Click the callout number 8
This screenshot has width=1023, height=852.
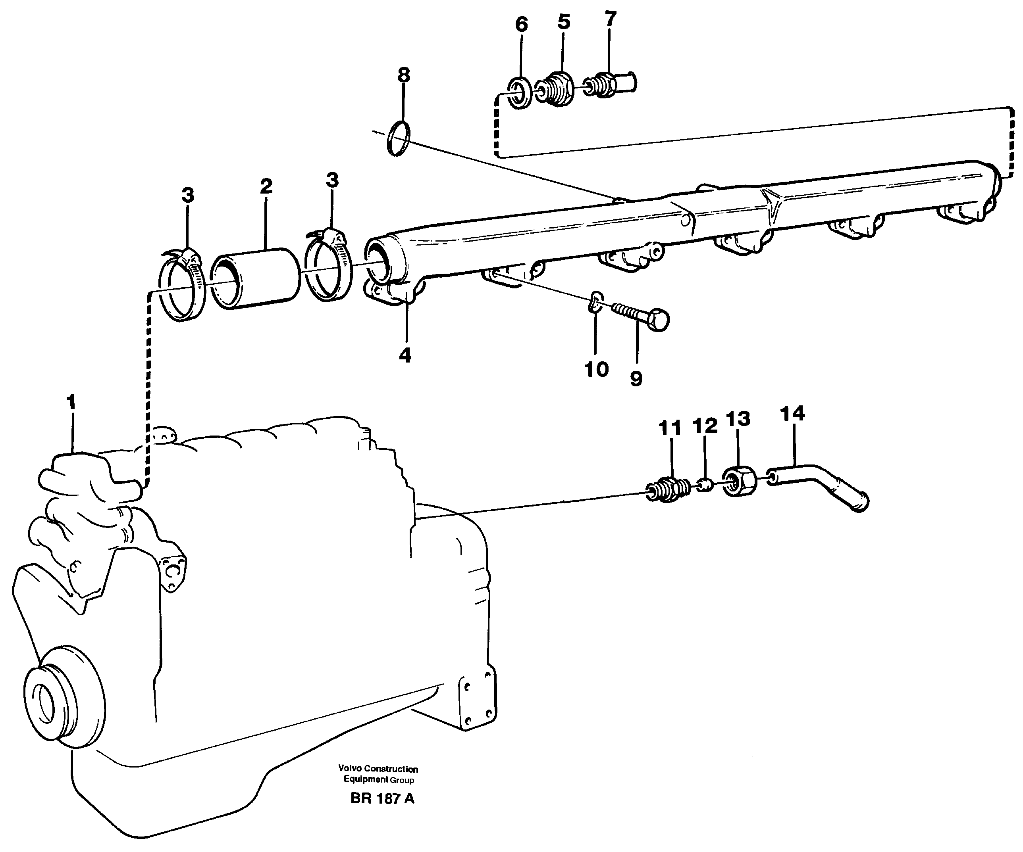tap(403, 75)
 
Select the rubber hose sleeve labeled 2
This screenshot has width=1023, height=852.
tap(257, 278)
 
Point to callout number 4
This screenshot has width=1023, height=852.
tap(405, 355)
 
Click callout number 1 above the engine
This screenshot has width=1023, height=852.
tap(71, 403)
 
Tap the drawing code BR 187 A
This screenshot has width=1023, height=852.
tap(382, 799)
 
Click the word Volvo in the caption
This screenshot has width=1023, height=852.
tap(349, 769)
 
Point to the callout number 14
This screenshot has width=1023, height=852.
tap(792, 413)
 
